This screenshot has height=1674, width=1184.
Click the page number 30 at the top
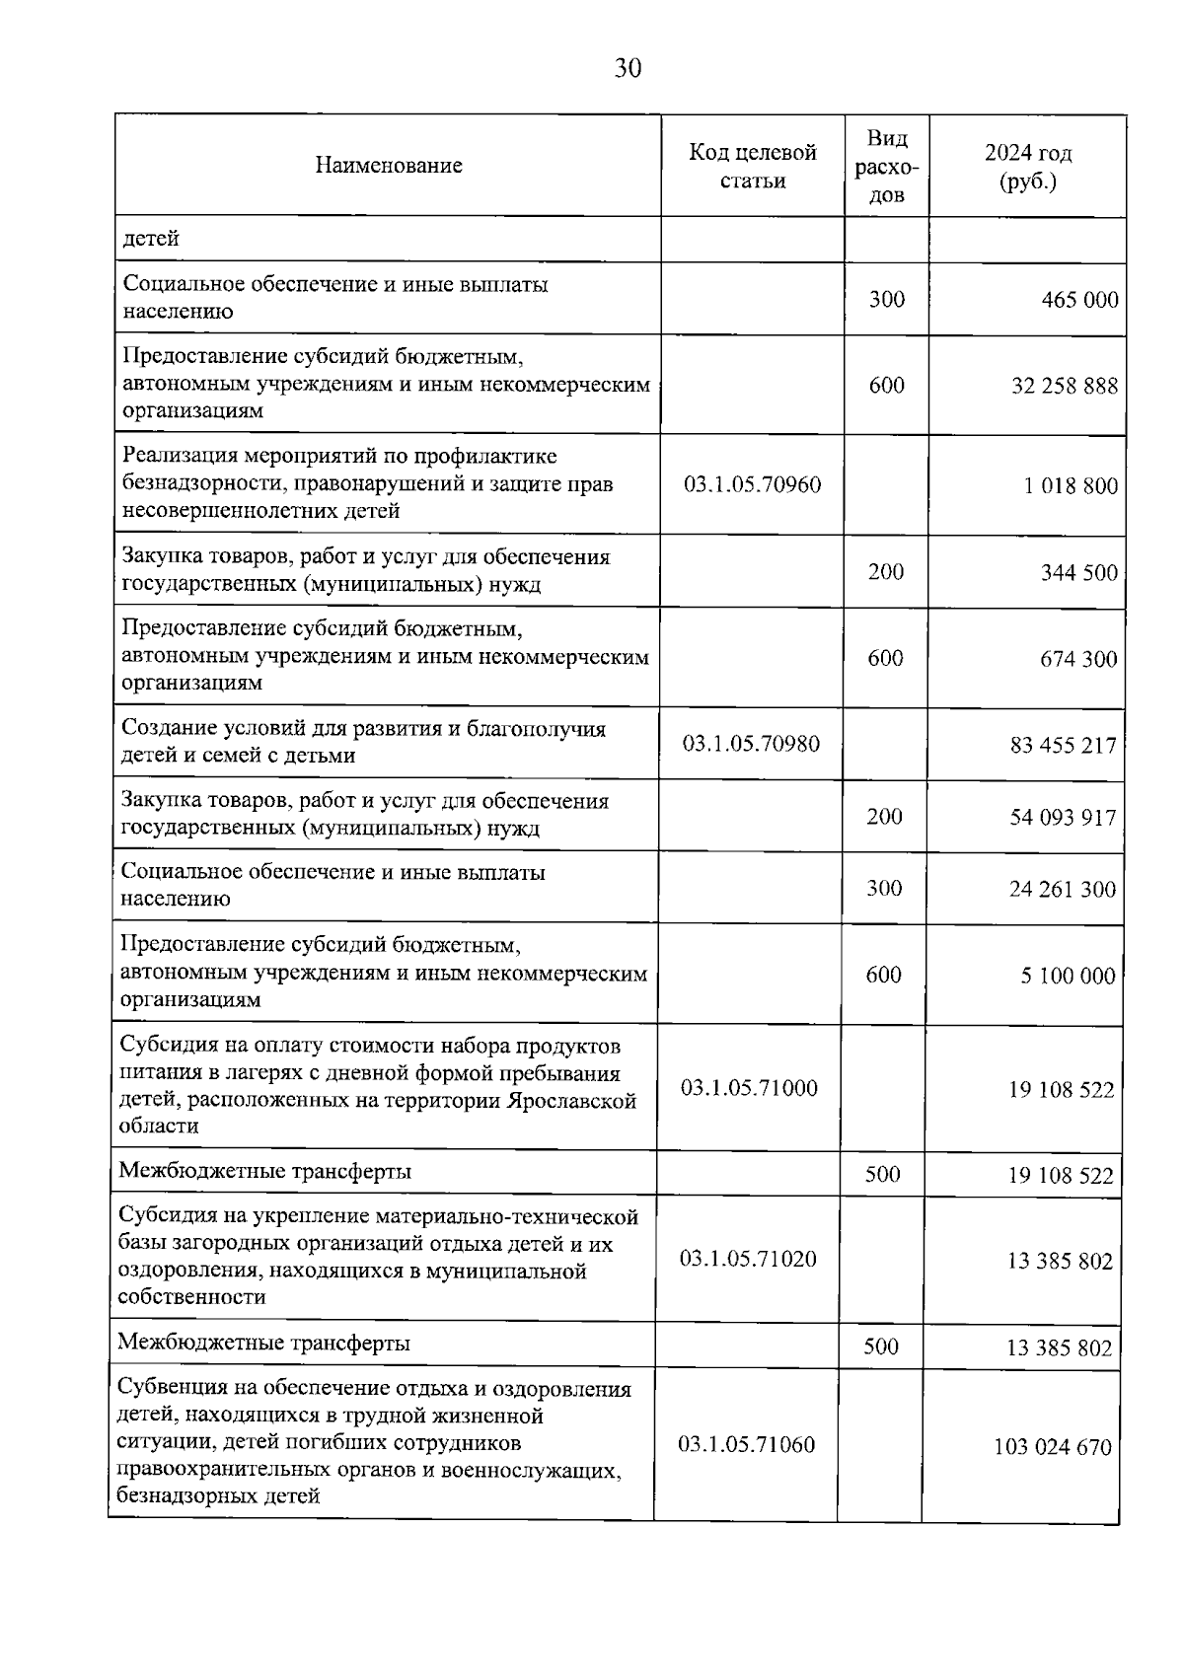tap(628, 68)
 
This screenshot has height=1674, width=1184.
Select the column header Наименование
tap(389, 166)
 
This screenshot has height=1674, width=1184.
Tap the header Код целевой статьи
tap(752, 166)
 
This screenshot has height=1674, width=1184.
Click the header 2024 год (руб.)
tap(1027, 167)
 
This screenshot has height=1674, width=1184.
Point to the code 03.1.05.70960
tap(752, 484)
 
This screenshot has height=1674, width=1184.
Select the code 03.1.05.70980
tap(751, 743)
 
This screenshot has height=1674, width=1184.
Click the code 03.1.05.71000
tap(749, 1088)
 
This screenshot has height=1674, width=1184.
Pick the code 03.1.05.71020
tap(748, 1259)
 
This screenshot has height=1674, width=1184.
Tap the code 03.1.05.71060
tap(747, 1445)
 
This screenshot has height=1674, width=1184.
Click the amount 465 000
tap(1079, 300)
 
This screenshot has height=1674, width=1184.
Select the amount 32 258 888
tap(1065, 386)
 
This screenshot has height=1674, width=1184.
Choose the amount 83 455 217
tap(1063, 745)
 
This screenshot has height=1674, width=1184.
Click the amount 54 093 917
tap(1063, 818)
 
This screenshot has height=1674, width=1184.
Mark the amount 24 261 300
tap(1062, 890)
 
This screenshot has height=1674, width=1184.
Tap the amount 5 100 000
tap(1068, 977)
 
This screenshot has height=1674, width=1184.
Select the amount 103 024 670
tap(1052, 1447)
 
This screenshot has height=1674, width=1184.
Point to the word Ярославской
tap(572, 1101)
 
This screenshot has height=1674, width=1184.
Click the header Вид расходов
tap(886, 166)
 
